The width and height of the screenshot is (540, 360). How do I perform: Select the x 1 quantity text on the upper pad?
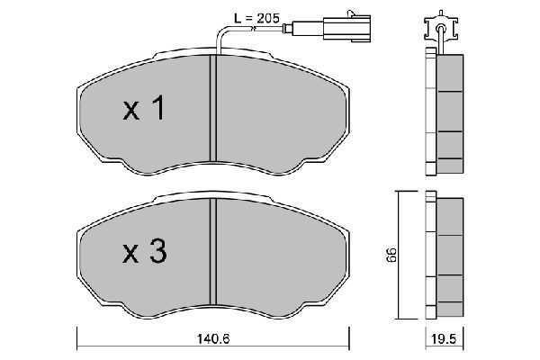coord(144,110)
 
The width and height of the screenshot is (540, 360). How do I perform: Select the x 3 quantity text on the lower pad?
coord(144,254)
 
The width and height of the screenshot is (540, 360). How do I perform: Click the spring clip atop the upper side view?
coord(440,27)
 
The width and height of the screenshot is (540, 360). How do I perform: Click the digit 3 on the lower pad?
coord(157,254)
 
